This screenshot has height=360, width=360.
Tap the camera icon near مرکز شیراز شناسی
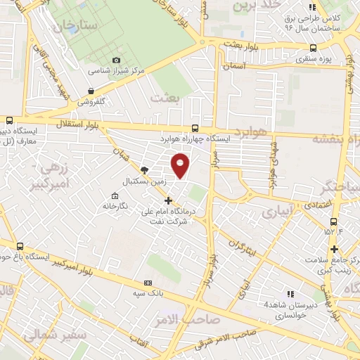pyautogui.click(x=117, y=61)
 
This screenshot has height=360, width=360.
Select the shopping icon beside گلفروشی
pyautogui.click(x=91, y=91)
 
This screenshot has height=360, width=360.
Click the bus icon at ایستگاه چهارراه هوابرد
pyautogui.click(x=195, y=129)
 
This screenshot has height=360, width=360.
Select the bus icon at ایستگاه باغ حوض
pyautogui.click(x=20, y=247)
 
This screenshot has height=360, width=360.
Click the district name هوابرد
pyautogui.click(x=251, y=133)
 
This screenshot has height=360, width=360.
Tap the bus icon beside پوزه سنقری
pyautogui.click(x=311, y=49)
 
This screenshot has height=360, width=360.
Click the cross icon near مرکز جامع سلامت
pyautogui.click(x=335, y=249)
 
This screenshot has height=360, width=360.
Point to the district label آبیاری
pyautogui.click(x=276, y=212)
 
